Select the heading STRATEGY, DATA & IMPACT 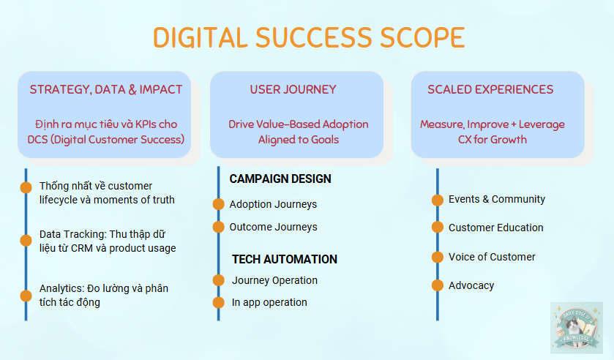coord(106,90)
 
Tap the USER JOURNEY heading coord(293,90)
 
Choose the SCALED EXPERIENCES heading coord(490,90)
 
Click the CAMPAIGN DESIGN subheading coord(280,179)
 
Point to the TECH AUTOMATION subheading coord(285,259)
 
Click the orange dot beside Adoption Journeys coord(217,204)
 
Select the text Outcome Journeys coord(273,227)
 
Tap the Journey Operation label coord(274,280)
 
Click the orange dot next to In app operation coord(217,302)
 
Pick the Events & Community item coord(497,199)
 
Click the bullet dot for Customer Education coord(437,228)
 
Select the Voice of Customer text coord(492,257)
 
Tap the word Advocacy coord(471,285)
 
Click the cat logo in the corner coord(577,327)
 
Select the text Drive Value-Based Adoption coord(298,124)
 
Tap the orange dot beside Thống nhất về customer coord(26,187)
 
